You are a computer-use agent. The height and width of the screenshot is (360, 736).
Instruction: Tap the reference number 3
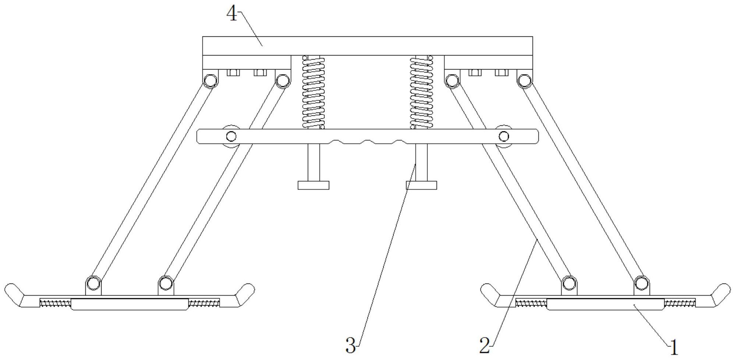[x=351, y=346]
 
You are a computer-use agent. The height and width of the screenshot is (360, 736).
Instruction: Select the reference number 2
[x=484, y=346]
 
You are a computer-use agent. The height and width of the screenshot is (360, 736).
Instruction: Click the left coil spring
[x=313, y=92]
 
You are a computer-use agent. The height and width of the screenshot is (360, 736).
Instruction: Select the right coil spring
[x=422, y=92]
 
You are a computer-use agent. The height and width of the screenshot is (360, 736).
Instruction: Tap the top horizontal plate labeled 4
[x=367, y=46]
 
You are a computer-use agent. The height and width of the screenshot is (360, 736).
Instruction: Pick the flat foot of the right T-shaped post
[x=422, y=185]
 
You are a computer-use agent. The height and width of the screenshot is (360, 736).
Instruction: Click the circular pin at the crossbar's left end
[x=231, y=137]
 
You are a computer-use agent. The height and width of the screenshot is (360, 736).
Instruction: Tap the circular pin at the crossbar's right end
[x=504, y=137]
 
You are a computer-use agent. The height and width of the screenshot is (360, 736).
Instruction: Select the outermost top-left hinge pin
[x=210, y=80]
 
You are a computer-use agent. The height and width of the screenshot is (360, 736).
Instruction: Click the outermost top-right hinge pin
[x=525, y=80]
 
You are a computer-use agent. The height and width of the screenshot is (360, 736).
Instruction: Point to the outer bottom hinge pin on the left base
[x=93, y=284]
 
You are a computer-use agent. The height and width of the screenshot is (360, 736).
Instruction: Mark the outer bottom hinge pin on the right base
[x=641, y=284]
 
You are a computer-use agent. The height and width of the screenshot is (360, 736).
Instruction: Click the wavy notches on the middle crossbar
[x=367, y=142]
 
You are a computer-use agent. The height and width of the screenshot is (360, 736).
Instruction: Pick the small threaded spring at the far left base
[x=55, y=303]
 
